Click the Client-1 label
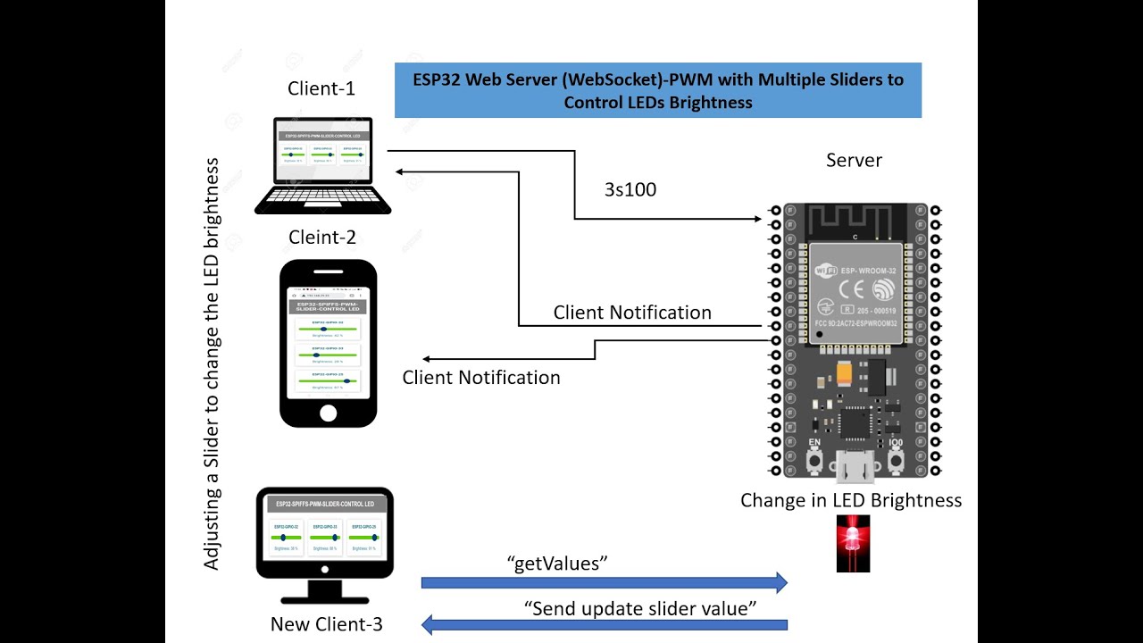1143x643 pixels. point(321,88)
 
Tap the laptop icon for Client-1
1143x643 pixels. point(322,167)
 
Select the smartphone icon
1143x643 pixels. point(328,344)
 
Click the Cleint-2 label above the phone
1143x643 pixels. point(321,238)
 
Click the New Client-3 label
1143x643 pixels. point(326,624)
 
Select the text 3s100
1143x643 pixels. point(630,189)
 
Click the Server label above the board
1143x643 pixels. point(854,161)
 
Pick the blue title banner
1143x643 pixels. point(657,90)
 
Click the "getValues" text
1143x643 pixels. point(557,563)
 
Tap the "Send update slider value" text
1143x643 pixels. point(640,608)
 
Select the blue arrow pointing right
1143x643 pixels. point(604,583)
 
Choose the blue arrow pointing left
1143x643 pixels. point(604,625)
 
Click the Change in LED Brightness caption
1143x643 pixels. point(850,500)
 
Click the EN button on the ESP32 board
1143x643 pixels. point(814,460)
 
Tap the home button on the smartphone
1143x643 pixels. point(328,413)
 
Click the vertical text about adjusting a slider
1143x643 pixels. point(212,364)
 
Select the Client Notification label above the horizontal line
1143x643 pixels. point(632,313)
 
